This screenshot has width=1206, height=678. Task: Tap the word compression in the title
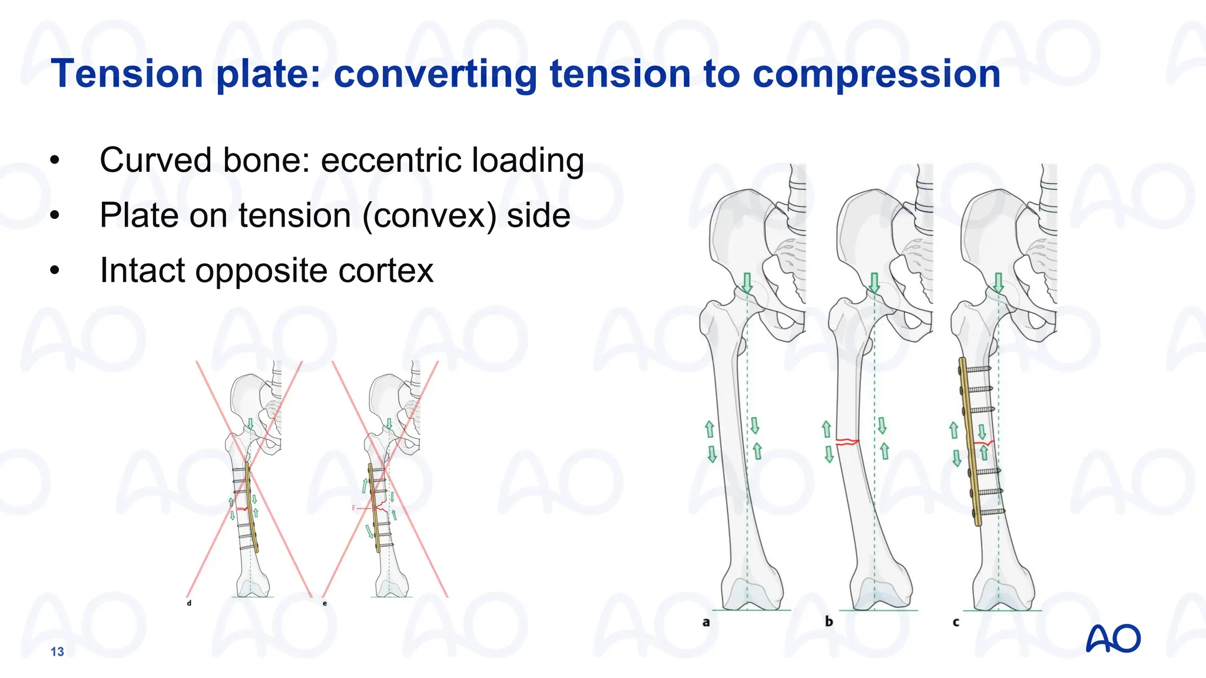[876, 75]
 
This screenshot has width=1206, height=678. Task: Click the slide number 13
[57, 652]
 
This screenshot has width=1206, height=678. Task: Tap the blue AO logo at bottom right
[1113, 639]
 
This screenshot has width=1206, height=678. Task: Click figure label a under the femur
[706, 622]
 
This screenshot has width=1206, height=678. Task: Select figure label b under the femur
[829, 621]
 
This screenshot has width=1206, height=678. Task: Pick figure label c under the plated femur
[956, 622]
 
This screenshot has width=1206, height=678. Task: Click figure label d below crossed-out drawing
[189, 603]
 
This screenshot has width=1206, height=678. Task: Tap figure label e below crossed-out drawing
[324, 603]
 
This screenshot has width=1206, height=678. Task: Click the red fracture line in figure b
[847, 441]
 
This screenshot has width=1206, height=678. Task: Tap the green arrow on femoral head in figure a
[747, 282]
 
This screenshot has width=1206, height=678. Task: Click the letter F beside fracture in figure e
[354, 508]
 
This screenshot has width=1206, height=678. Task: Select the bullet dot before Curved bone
[55, 161]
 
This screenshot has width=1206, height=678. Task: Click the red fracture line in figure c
[985, 443]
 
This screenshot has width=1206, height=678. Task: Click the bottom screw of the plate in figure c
[992, 512]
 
